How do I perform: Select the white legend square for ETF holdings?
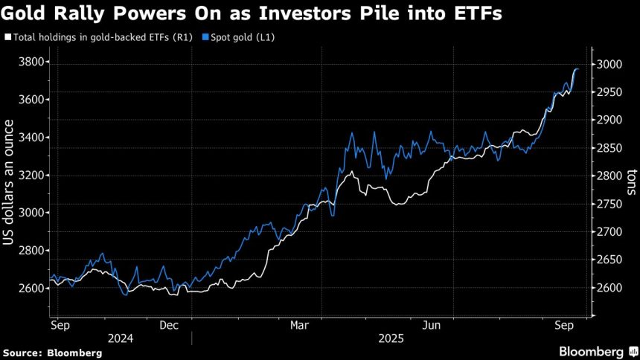(7, 36)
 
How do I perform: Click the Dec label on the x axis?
(169, 324)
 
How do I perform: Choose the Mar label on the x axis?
(299, 324)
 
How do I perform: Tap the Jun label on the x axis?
(431, 324)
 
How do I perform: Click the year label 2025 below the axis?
(391, 338)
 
